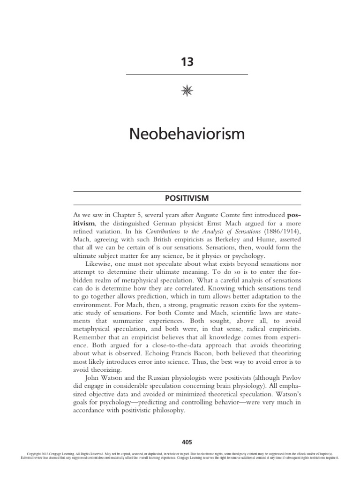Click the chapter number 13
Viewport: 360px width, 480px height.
pyautogui.click(x=187, y=62)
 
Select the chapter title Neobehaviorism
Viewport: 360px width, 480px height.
pyautogui.click(x=187, y=135)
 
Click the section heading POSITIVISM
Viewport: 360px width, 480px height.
pyautogui.click(x=187, y=198)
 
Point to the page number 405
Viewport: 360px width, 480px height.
pyautogui.click(x=187, y=442)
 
